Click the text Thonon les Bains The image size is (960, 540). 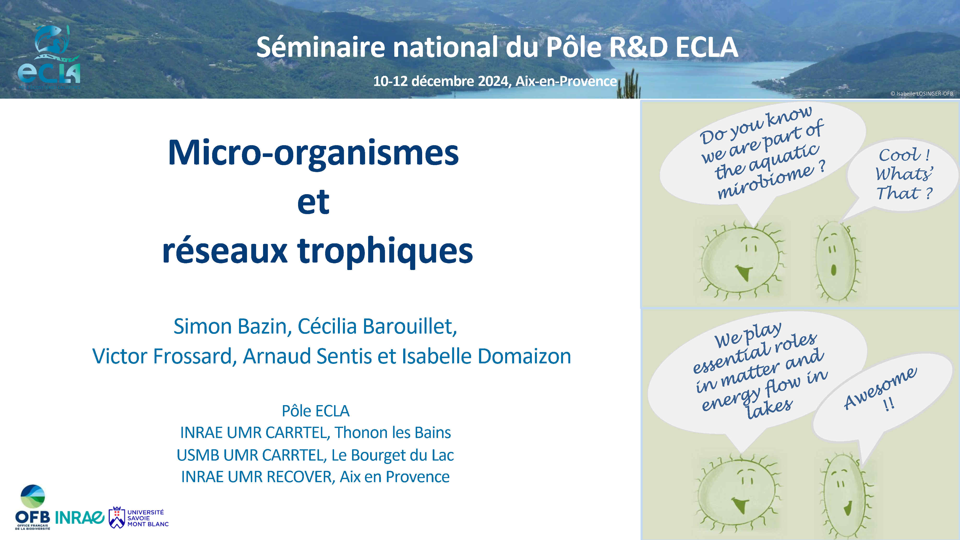click(393, 433)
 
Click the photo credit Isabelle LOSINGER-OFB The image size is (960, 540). click(922, 94)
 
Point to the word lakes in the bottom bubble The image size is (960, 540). click(770, 408)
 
